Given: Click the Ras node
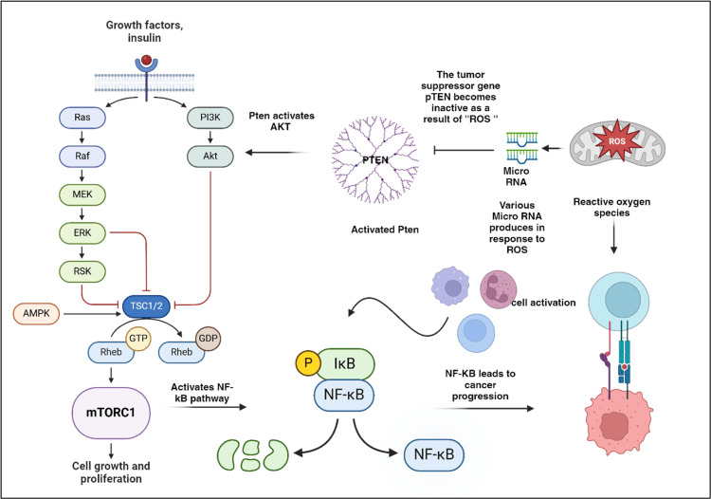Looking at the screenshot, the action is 82,118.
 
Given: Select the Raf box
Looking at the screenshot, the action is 82,156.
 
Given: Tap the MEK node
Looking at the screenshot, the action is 82,194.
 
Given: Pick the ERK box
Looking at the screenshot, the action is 82,233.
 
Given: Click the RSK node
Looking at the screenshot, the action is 82,271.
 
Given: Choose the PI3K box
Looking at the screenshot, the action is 210,118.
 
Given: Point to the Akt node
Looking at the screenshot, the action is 210,156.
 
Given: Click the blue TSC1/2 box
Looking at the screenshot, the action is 146,306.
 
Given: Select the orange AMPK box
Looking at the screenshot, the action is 36,313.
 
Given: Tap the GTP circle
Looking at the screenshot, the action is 138,339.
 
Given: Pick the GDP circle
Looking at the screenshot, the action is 209,339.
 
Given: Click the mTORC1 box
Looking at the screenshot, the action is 111,413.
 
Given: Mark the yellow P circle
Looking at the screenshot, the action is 308,363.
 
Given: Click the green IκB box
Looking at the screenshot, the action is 345,364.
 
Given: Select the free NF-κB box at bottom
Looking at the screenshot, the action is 434,454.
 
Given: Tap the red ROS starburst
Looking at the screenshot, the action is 617,140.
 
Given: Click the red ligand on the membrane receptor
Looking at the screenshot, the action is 146,60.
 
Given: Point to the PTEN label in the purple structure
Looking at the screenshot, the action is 375,160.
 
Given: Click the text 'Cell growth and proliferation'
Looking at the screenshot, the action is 111,472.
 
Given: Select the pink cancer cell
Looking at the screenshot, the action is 620,420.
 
